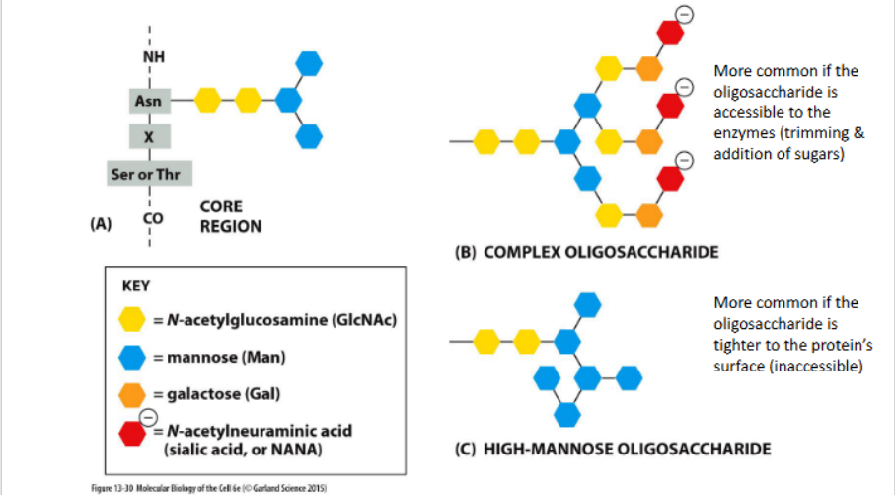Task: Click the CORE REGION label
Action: pos(230,217)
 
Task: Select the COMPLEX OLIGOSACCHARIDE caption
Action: pos(586,253)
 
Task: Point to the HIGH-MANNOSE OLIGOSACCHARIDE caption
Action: pos(612,450)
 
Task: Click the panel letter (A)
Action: pos(100,224)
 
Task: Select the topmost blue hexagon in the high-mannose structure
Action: pos(588,304)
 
